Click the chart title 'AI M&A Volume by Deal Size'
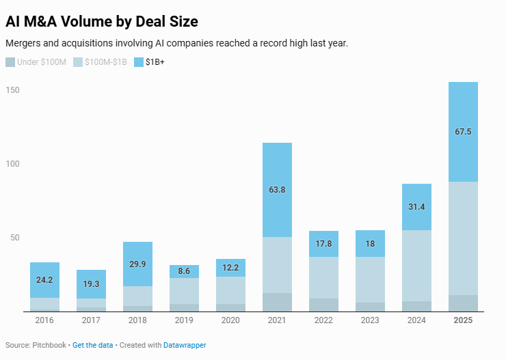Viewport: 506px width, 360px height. [x=102, y=21]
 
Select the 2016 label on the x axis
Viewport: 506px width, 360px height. [x=44, y=320]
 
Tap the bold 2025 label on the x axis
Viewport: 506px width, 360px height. [x=463, y=320]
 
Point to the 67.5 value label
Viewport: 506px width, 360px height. [x=463, y=132]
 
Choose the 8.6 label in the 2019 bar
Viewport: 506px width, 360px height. [x=184, y=271]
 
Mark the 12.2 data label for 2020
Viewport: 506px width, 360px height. [x=230, y=267]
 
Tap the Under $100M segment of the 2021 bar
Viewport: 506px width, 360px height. [x=277, y=302]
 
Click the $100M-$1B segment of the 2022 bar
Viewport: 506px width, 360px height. [x=323, y=277]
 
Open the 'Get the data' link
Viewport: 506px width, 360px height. [x=92, y=345]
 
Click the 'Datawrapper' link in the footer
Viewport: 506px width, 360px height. [x=185, y=345]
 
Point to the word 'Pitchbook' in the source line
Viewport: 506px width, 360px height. [x=49, y=345]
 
